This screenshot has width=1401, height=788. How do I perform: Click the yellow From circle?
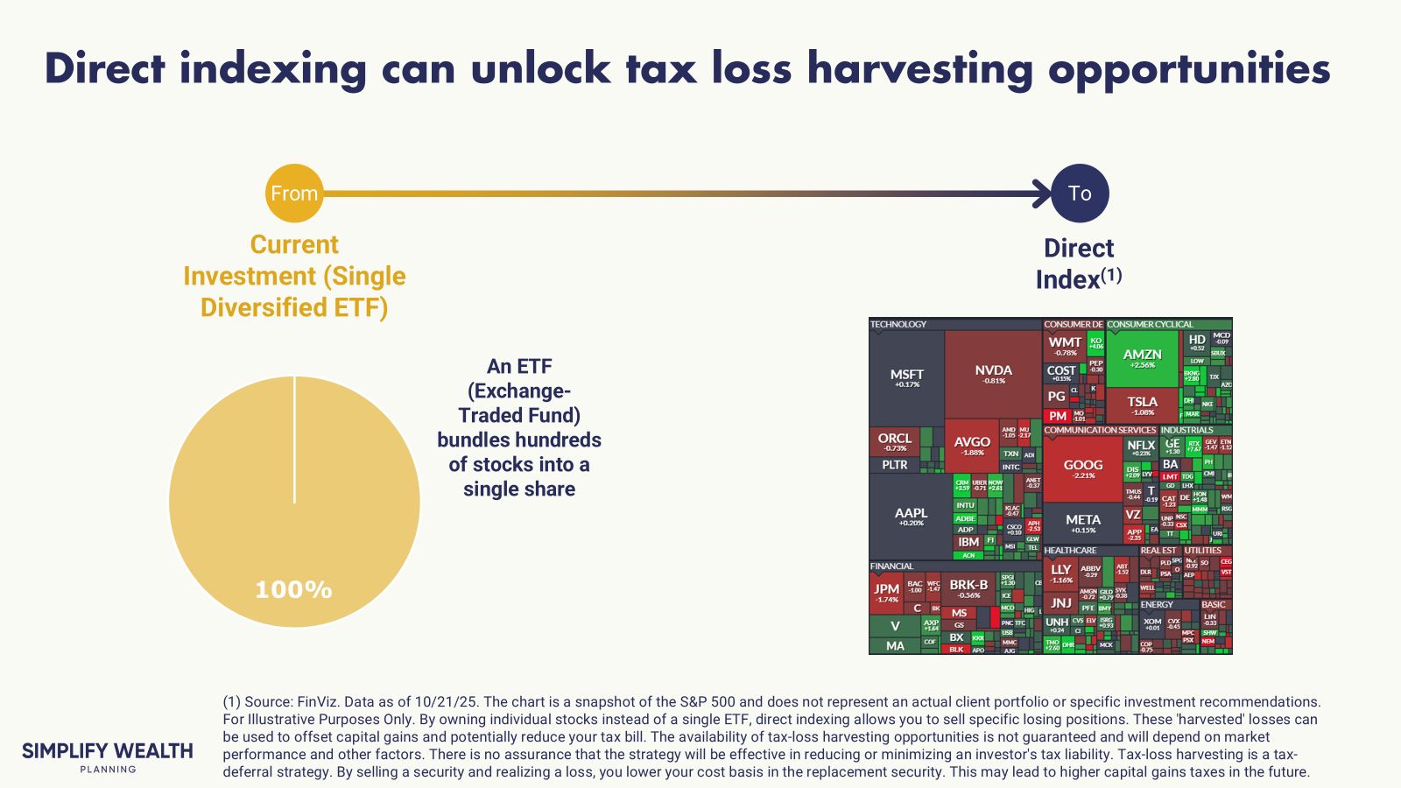tap(294, 193)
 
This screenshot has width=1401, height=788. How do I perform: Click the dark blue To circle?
tap(1080, 193)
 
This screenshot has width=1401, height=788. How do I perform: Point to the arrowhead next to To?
tap(1044, 193)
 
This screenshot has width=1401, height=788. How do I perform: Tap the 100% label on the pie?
tap(293, 589)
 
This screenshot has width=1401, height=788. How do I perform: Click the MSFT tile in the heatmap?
tap(906, 377)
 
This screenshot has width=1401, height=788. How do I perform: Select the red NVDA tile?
tap(993, 374)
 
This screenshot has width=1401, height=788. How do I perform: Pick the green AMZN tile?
tap(1142, 358)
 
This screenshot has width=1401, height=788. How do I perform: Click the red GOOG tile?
tap(1082, 468)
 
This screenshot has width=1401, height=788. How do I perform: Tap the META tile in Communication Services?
tap(1082, 523)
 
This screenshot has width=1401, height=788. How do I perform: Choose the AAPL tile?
tap(911, 517)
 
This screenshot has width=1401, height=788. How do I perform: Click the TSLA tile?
tap(1142, 405)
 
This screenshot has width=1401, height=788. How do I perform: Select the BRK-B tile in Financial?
tap(968, 588)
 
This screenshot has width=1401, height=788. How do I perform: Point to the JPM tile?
tap(886, 593)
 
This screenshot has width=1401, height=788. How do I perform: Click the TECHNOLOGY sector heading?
tap(898, 324)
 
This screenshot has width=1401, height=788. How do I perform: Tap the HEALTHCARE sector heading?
tap(1070, 551)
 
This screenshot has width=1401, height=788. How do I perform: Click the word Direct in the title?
tap(104, 68)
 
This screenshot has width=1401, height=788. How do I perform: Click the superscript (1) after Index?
tap(1111, 274)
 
